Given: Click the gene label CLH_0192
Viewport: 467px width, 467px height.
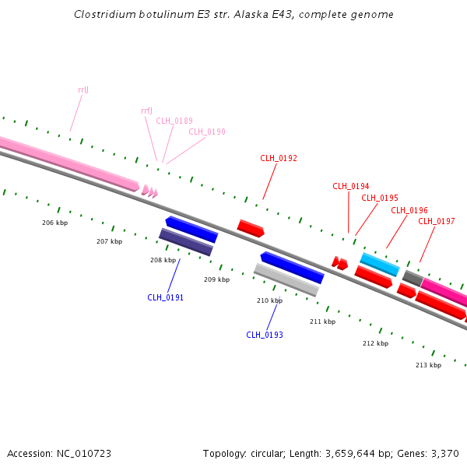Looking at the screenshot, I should coord(279,158).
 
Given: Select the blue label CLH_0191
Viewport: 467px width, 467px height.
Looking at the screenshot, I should coord(166,297).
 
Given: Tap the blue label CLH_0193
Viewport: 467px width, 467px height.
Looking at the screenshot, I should coord(265,335).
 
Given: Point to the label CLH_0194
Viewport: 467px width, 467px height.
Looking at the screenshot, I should coord(351,186).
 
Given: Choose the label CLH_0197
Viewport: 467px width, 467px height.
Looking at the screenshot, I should coord(437,221).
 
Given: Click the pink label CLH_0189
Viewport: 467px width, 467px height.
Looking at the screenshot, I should coord(174,121).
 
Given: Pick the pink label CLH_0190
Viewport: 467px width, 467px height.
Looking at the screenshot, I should coord(207,132).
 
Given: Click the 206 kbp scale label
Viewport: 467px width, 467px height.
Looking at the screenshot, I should coord(54,223).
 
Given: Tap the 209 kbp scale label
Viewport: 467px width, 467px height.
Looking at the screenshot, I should coord(216,279).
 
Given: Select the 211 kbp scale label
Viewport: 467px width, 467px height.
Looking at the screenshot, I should coord(322,321).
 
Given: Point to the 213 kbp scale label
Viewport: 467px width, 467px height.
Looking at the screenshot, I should coord(428,365).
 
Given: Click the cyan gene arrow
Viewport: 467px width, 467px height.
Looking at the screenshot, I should coord(380,264).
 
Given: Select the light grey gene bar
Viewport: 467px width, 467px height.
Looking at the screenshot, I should coord(286,279).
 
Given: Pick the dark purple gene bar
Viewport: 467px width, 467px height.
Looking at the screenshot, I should coord(185,242).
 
